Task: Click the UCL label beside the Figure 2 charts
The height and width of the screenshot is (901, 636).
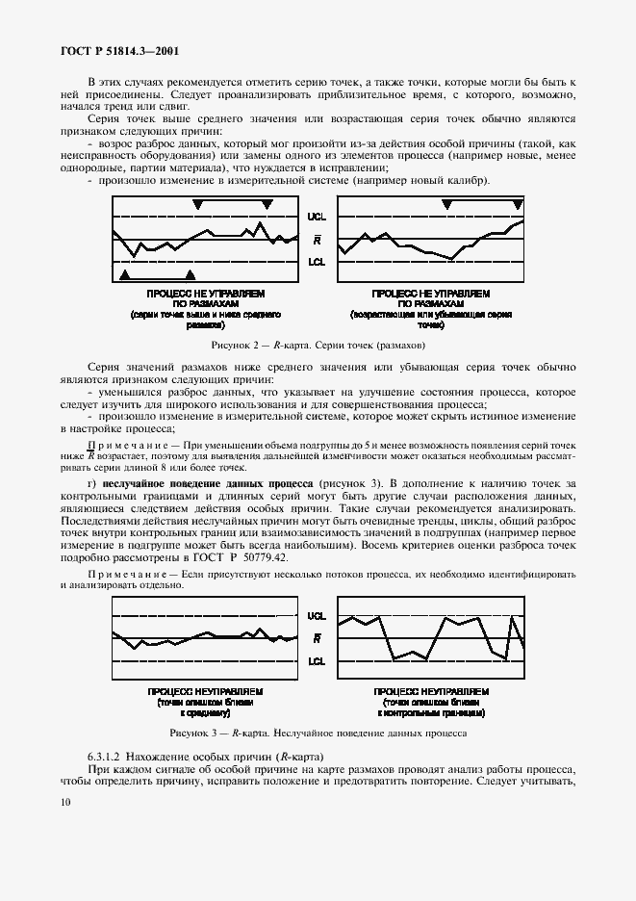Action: (x=317, y=218)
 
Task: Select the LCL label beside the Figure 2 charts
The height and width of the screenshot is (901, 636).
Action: (x=317, y=261)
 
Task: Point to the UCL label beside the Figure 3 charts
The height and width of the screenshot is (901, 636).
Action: (x=317, y=616)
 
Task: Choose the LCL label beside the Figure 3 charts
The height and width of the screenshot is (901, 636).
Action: (x=317, y=661)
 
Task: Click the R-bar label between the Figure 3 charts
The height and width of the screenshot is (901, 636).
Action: (x=318, y=638)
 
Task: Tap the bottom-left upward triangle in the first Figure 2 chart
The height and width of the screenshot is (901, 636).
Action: (x=123, y=276)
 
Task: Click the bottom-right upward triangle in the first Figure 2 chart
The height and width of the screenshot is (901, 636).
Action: (x=190, y=276)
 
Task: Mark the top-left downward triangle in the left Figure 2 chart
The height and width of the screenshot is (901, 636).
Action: (x=197, y=204)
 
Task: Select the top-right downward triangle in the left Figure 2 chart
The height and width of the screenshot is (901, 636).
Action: (x=267, y=204)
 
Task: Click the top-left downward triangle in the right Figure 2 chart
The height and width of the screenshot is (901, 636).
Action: (x=446, y=204)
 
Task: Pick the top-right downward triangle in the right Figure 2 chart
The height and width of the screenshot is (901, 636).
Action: (x=518, y=204)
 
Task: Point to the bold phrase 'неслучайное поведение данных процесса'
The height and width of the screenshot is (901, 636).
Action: (x=208, y=482)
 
